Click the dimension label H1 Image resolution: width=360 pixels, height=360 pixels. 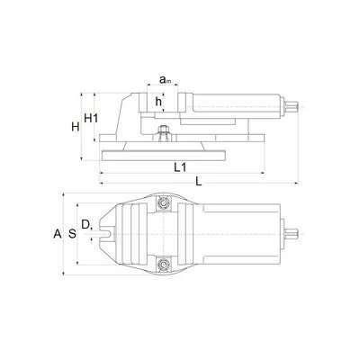91,118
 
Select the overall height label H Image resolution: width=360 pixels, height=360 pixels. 76,127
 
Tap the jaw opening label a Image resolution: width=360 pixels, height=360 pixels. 162,79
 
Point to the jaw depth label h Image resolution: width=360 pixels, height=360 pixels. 158,102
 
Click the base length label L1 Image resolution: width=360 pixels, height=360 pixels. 180,167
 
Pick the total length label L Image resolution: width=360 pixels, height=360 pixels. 198,181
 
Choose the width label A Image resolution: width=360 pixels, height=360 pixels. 58,234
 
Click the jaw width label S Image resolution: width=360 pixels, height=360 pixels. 72,233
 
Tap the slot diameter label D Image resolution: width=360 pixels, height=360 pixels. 85,224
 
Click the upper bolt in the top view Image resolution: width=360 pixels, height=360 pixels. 164,203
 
